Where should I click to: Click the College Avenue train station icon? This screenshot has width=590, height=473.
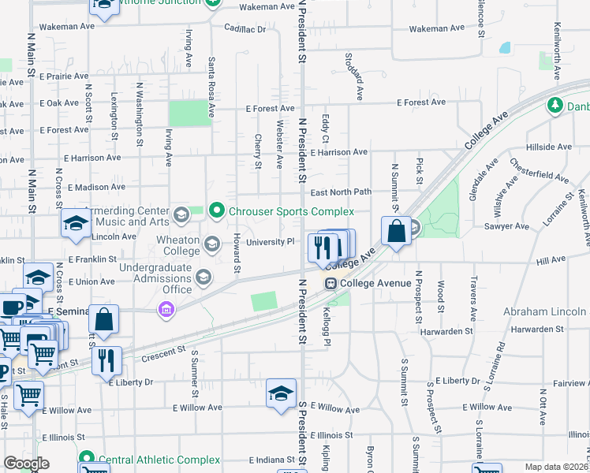click(331, 284)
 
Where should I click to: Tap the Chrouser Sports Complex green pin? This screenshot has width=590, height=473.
click(218, 211)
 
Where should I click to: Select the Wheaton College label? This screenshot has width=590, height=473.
click(170, 244)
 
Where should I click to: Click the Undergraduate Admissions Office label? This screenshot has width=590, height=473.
click(155, 278)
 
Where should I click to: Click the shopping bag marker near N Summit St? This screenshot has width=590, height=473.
click(397, 232)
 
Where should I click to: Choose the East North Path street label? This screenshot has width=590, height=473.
click(340, 192)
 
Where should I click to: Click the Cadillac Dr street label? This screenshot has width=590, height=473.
click(245, 28)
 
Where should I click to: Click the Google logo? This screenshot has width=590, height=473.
click(27, 464)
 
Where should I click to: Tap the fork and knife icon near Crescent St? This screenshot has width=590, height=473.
click(106, 360)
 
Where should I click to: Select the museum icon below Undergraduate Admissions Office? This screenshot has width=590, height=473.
click(166, 311)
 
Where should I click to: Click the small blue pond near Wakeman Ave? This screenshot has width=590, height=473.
click(505, 48)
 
